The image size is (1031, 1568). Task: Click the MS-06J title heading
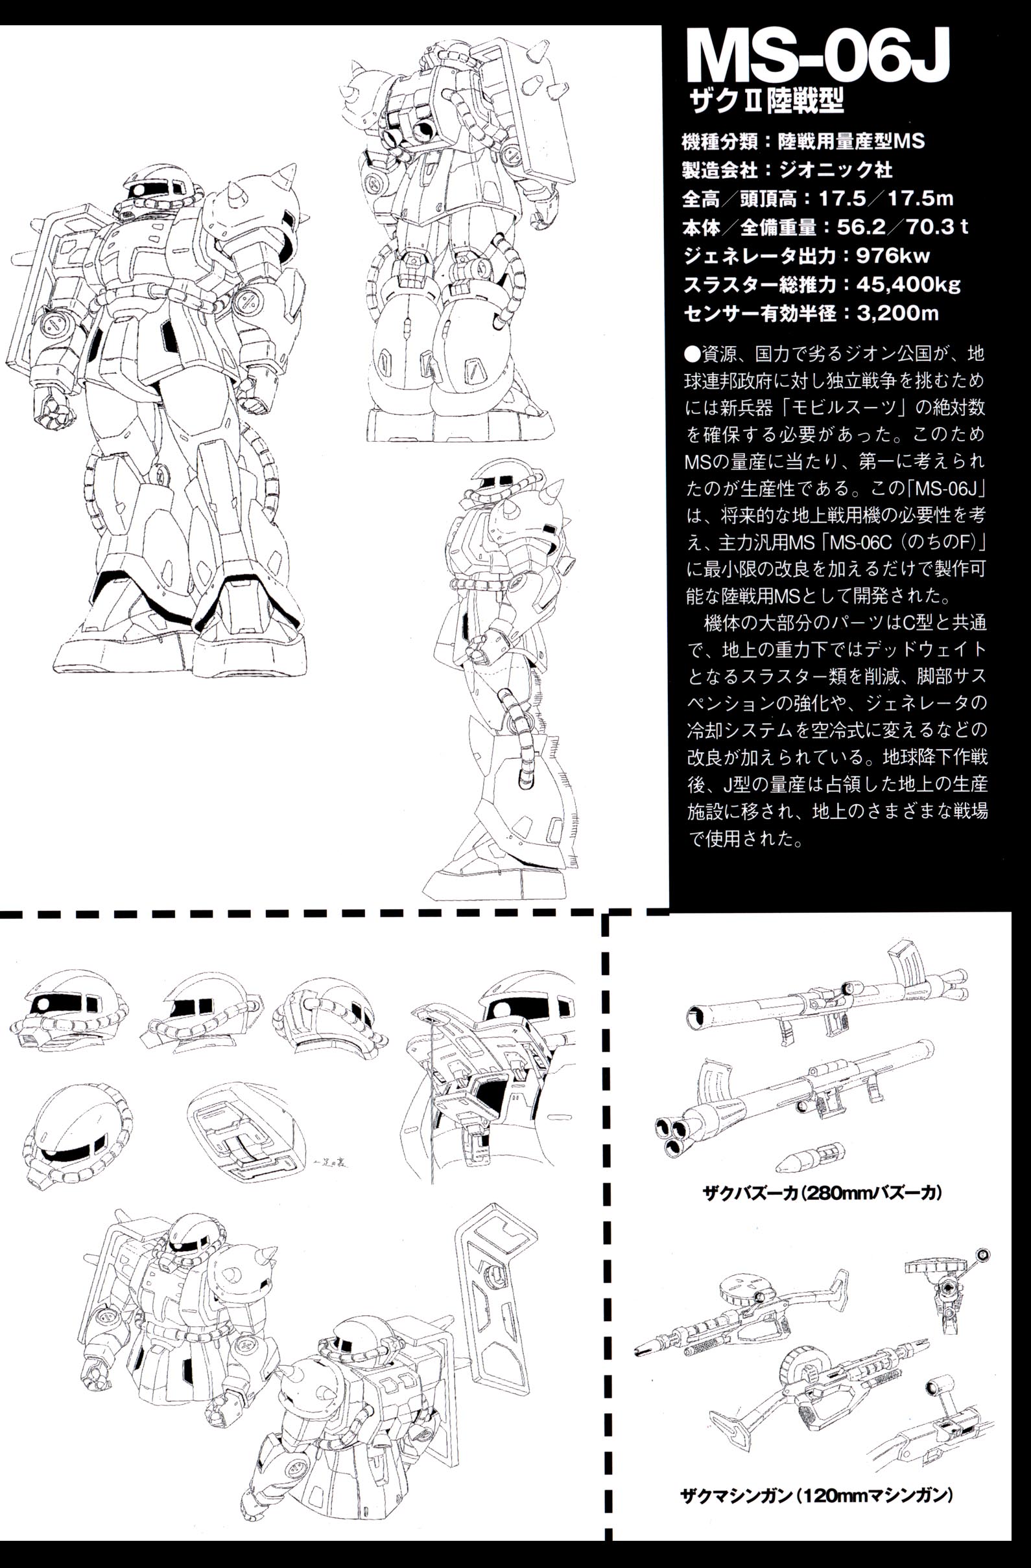pos(818,62)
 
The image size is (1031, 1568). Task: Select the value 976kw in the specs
pos(894,256)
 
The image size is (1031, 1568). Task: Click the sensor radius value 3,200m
pos(898,314)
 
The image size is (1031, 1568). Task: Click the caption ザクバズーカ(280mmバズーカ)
pos(822,1192)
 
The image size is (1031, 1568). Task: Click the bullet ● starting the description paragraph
pos(692,354)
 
